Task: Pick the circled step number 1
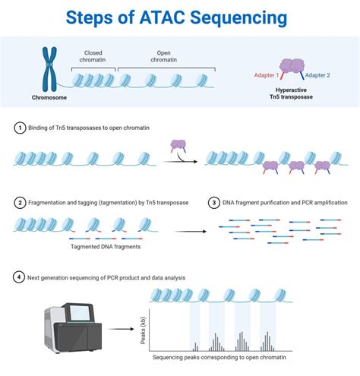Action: click(x=20, y=128)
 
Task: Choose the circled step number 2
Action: click(x=20, y=203)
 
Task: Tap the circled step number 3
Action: click(x=214, y=203)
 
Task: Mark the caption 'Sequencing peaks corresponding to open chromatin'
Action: click(x=229, y=357)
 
